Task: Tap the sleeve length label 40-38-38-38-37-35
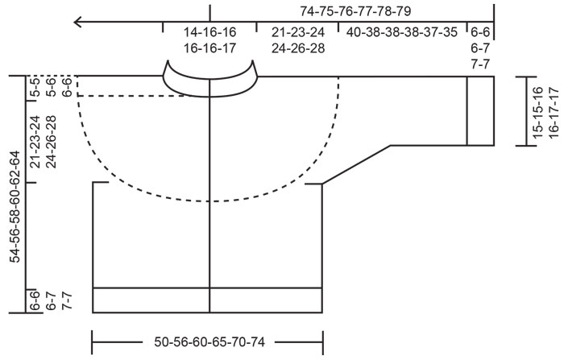coord(402,33)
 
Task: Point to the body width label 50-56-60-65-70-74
coord(209,341)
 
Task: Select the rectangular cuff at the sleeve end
coord(481,110)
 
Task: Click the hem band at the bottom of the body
coord(208,300)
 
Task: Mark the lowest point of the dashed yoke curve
coord(209,201)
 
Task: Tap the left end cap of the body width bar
coord(93,341)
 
